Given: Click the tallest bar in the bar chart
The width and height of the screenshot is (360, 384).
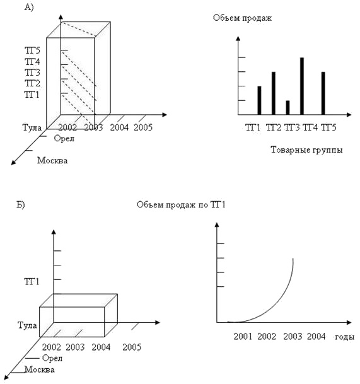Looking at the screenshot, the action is tap(302, 86).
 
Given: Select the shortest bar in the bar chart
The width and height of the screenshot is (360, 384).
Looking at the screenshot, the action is tap(287, 108).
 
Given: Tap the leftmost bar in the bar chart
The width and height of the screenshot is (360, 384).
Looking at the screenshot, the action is tap(259, 101).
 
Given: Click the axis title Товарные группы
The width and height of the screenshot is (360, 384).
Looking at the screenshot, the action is tap(306, 149).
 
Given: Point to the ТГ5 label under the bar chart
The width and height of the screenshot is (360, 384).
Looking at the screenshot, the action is tap(328, 127).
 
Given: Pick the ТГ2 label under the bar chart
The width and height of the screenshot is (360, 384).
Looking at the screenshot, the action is tap(274, 127).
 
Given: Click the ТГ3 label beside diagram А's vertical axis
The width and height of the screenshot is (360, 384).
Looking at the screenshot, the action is tap(32, 73).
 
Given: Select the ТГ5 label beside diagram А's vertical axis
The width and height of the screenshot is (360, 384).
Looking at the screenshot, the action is tap(32, 50).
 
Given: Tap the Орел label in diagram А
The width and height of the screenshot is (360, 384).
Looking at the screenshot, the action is tap(64, 139).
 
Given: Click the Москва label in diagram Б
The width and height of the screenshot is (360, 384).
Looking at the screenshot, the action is tap(40, 369).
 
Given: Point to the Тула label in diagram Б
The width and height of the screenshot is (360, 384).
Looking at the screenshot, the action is tap(28, 325).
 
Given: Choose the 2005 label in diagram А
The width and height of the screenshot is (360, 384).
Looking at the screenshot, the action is tap(143, 127).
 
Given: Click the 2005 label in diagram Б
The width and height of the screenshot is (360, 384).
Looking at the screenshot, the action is tap(132, 347).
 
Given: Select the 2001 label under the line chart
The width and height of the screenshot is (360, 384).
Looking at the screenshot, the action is tap(243, 337).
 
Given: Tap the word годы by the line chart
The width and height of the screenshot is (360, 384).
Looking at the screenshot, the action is tap(345, 337).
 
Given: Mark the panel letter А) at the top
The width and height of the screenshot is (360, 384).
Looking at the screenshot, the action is tap(29, 8).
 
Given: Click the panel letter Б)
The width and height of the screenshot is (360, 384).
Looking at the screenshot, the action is tap(21, 204).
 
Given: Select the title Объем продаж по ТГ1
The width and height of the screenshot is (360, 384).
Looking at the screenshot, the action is tap(181, 204).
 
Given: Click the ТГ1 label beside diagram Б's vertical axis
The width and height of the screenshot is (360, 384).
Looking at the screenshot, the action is tap(32, 282).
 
